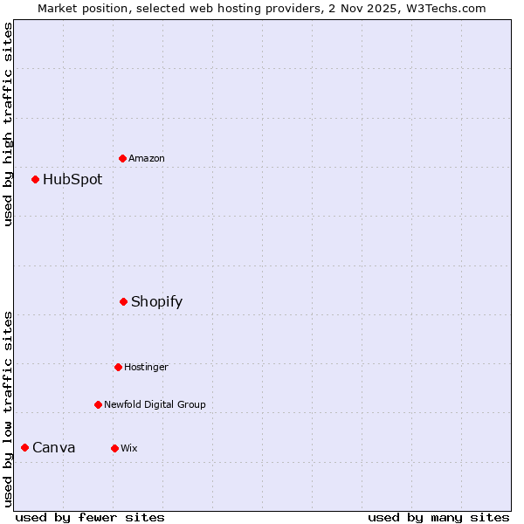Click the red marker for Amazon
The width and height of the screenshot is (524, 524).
click(123, 158)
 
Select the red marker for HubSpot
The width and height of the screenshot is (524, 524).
click(36, 180)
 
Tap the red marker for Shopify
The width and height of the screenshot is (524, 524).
click(124, 302)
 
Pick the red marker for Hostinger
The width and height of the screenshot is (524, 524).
click(118, 367)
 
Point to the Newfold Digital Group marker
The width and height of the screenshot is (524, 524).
click(98, 404)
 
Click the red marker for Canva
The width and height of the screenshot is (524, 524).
click(24, 448)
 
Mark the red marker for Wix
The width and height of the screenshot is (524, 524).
click(114, 448)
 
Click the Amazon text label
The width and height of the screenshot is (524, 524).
click(147, 159)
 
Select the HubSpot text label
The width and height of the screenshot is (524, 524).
click(72, 180)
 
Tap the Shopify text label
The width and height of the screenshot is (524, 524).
click(157, 302)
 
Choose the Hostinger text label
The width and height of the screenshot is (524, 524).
click(146, 368)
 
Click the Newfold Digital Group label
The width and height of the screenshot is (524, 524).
click(155, 405)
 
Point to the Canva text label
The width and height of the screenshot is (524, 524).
click(54, 448)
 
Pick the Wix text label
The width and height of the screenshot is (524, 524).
click(129, 449)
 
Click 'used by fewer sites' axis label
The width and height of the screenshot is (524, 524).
click(90, 518)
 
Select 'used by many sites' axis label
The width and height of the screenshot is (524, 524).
click(438, 518)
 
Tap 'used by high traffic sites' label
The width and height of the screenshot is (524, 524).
click(8, 124)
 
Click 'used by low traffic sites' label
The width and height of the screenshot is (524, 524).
click(8, 409)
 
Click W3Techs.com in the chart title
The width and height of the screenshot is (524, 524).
click(443, 8)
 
